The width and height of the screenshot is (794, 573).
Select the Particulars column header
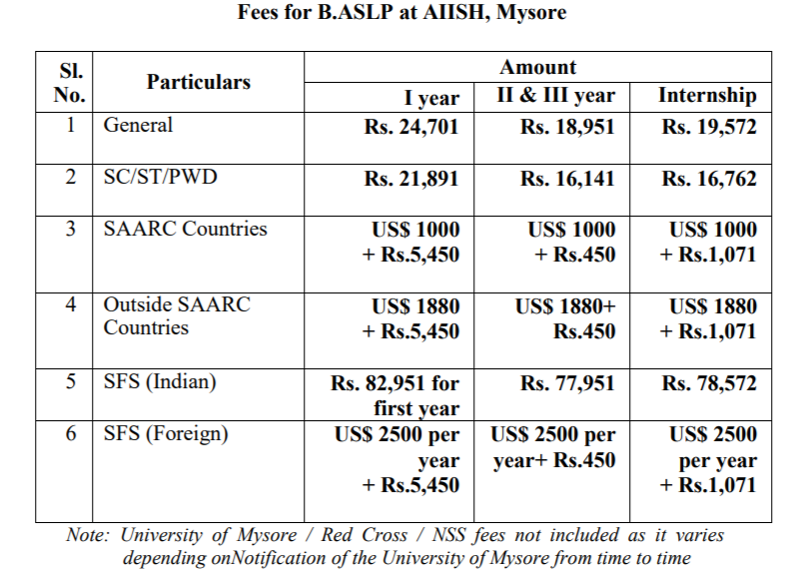tap(199, 82)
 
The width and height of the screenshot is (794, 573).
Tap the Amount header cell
tap(537, 67)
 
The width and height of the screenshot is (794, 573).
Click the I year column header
tap(431, 97)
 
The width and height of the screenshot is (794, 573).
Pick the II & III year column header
tap(556, 96)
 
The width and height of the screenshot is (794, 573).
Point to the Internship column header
tap(707, 96)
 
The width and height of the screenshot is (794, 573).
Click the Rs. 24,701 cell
tap(411, 127)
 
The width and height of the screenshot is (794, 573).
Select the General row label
tap(138, 125)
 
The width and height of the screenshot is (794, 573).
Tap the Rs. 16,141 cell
tap(567, 179)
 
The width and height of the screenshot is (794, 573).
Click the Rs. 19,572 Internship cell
tap(709, 127)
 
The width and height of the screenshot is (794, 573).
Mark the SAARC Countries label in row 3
tap(186, 229)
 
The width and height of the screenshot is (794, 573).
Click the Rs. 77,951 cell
tap(567, 383)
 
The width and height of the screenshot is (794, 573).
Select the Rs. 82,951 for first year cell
tap(396, 395)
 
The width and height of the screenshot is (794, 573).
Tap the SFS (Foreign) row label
tap(166, 434)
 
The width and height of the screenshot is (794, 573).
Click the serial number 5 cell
tap(70, 382)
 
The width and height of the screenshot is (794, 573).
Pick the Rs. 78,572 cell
tap(709, 383)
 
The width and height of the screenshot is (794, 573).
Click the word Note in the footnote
tap(87, 535)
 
